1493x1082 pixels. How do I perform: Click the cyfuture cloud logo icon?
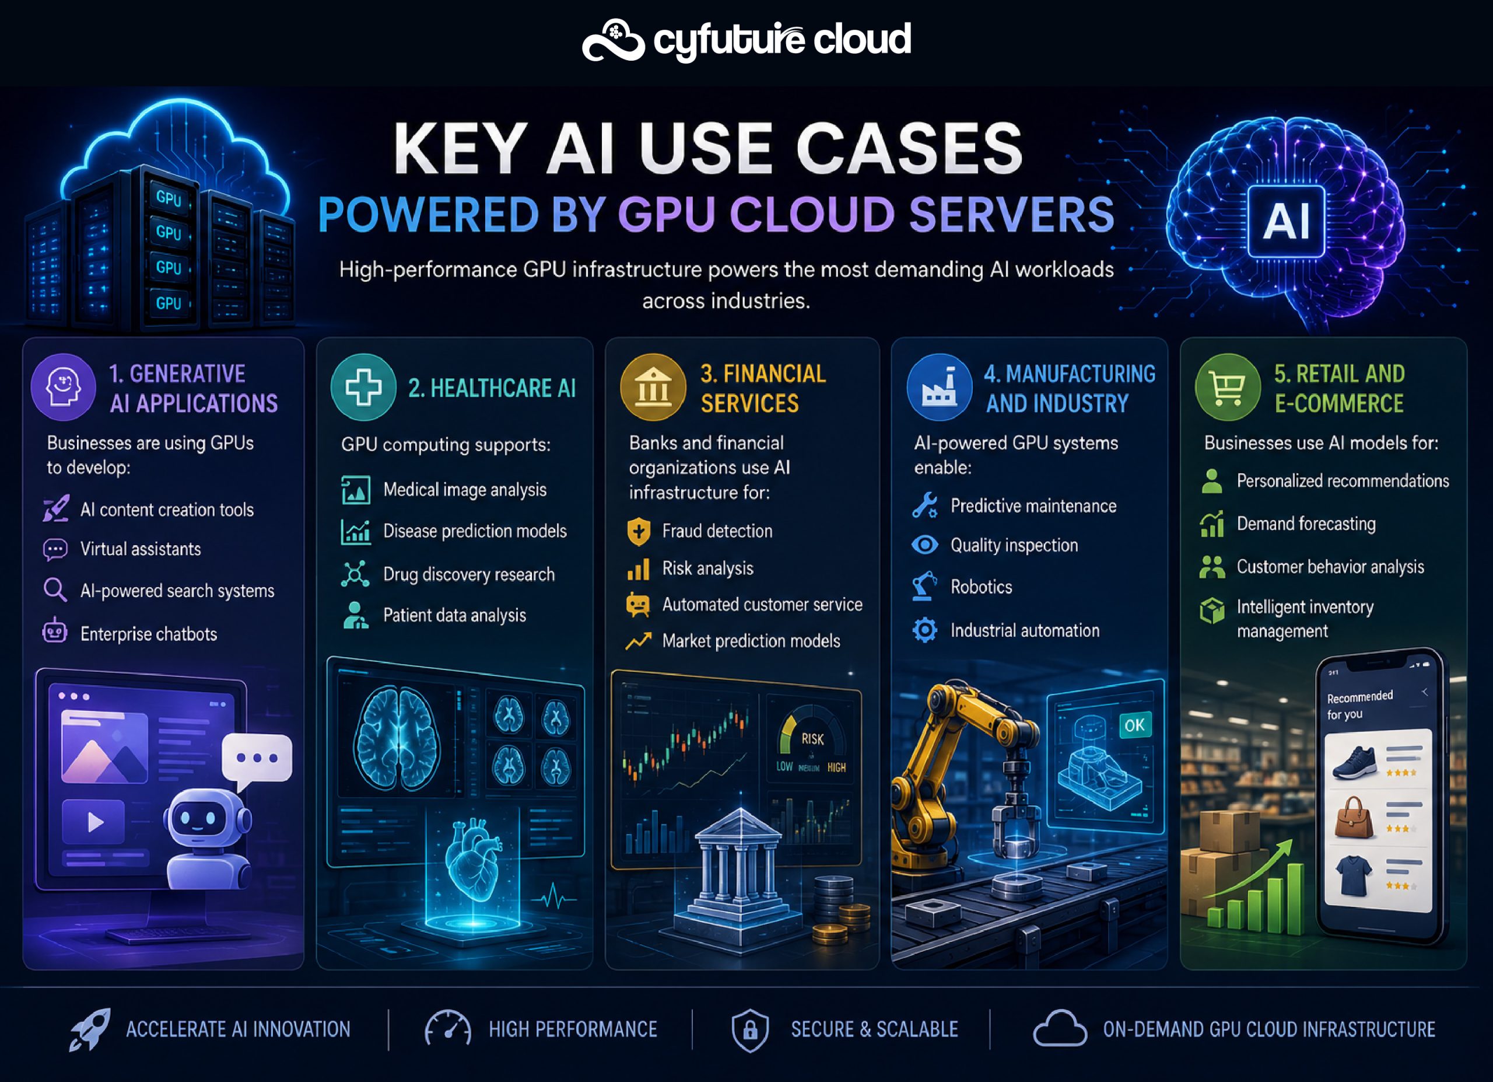[x=613, y=41]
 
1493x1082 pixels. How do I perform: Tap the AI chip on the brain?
[x=1287, y=221]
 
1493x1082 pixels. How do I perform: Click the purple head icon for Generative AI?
[x=63, y=388]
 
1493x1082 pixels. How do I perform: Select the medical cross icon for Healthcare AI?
[x=363, y=388]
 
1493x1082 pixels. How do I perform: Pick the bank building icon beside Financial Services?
[x=653, y=388]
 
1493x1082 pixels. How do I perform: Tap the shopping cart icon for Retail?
[x=1228, y=388]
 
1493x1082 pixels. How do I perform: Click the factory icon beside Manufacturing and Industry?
[x=940, y=388]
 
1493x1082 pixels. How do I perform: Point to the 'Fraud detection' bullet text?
[x=717, y=531]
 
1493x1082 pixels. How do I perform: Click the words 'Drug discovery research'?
[x=469, y=574]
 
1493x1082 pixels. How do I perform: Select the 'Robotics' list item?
[x=981, y=587]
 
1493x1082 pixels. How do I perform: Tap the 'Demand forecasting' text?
[x=1306, y=524]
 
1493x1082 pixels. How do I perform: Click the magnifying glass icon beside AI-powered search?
[x=55, y=590]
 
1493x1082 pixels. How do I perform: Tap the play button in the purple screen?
[x=93, y=821]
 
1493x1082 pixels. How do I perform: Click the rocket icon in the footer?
[x=90, y=1029]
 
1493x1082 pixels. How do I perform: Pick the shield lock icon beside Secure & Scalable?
[x=750, y=1030]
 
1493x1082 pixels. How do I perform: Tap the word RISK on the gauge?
[x=812, y=739]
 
